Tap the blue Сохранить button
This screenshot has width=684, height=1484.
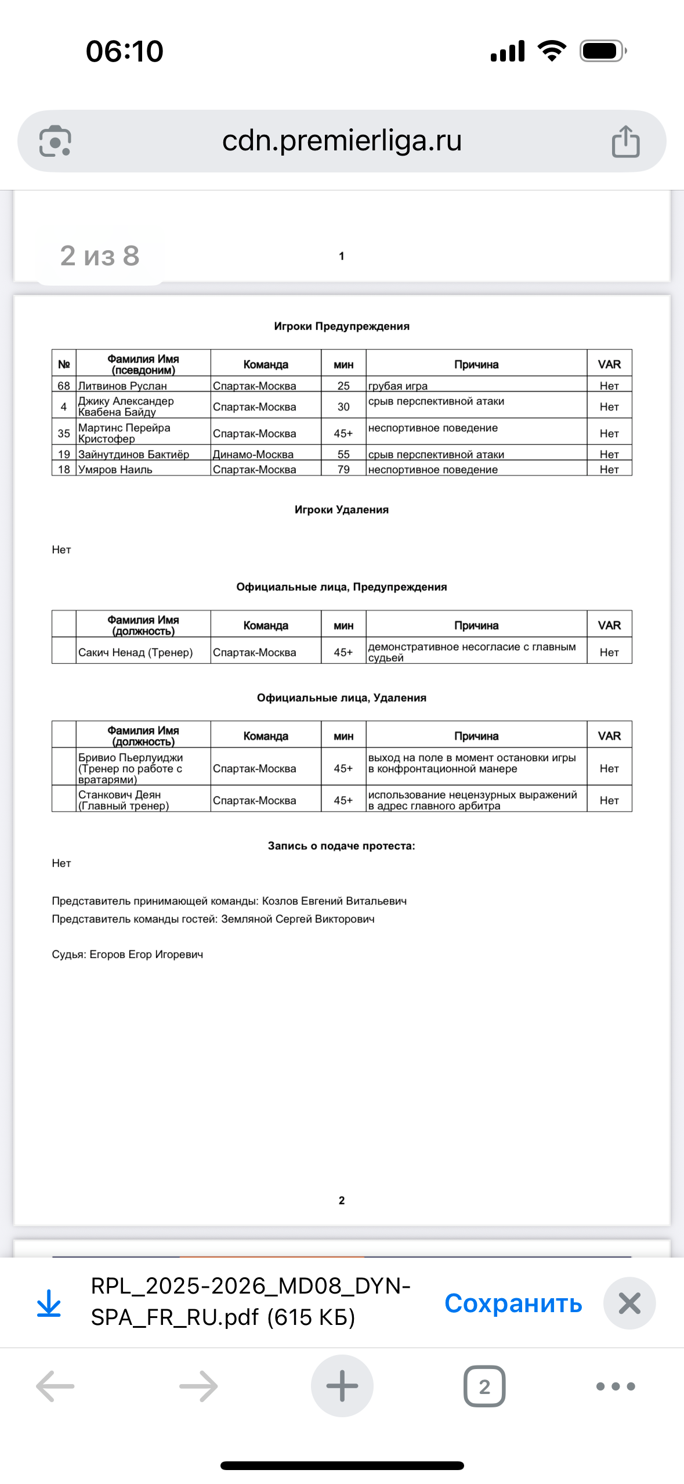click(513, 1303)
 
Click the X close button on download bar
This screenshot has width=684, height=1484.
click(629, 1303)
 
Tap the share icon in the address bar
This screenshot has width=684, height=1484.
click(625, 141)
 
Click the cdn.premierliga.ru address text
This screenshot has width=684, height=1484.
click(342, 141)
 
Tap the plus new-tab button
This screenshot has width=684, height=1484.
click(342, 1386)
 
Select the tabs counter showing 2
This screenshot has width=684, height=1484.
click(484, 1386)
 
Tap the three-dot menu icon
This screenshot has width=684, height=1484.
click(616, 1386)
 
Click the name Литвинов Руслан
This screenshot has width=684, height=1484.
click(122, 386)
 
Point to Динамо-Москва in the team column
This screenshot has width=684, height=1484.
click(253, 454)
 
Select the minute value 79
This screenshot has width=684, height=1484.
click(343, 469)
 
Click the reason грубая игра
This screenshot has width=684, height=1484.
click(398, 386)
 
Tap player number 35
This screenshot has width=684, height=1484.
click(64, 433)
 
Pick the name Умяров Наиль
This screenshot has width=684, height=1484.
click(115, 469)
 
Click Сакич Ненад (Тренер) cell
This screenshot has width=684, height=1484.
click(136, 652)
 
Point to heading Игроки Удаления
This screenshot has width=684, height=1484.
click(342, 509)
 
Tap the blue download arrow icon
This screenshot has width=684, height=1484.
click(49, 1303)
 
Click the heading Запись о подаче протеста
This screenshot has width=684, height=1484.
click(342, 845)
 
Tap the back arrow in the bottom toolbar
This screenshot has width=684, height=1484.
click(55, 1386)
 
